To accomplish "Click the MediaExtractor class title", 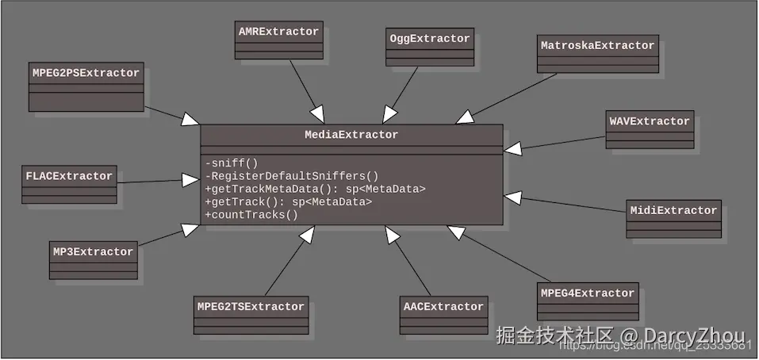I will coord(351,135).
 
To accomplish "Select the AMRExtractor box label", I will coord(278,33).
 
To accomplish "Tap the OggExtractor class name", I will coord(430,39).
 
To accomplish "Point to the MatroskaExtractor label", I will coord(597,46).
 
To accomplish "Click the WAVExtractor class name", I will coord(650,121).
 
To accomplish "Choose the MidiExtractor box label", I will coord(673,211).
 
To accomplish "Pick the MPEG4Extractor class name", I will coord(588,293).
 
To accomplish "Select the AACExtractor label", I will coord(443,307).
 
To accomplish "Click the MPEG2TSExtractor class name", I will coord(251,307).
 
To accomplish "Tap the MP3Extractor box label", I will coord(93,252).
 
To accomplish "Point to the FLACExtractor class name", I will coord(70,175).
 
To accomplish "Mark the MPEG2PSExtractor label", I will coord(86,73).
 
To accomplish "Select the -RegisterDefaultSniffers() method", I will coord(292,176).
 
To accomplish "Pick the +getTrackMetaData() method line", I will coord(316,189).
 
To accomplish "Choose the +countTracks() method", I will coord(251,214).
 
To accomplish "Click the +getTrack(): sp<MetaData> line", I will coord(289,201).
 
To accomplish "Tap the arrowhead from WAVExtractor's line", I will coord(512,147).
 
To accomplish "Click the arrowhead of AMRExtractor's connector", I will coord(316,115).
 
